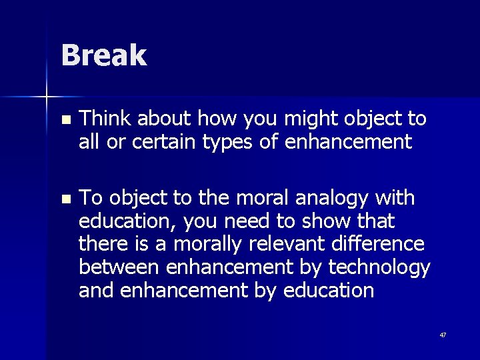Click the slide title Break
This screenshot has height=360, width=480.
(103, 55)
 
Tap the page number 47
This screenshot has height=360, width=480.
(443, 335)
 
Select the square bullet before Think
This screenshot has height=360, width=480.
(64, 121)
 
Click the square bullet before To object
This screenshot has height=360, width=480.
(64, 200)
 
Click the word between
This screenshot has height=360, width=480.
(117, 267)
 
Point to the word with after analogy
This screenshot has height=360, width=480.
(395, 198)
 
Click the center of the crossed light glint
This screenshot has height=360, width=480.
(47, 97)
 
